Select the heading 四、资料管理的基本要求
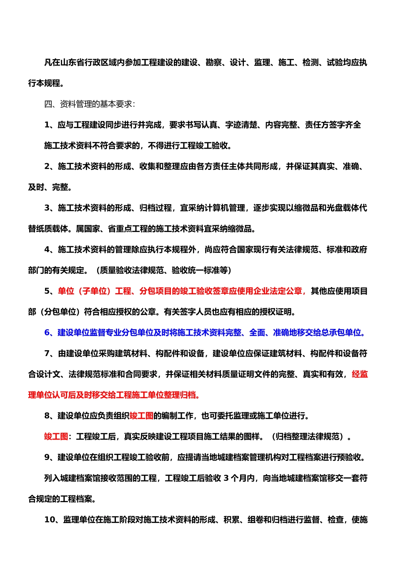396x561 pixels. [x=88, y=104]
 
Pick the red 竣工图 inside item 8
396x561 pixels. [x=141, y=416]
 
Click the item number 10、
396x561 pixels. [x=53, y=520]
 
